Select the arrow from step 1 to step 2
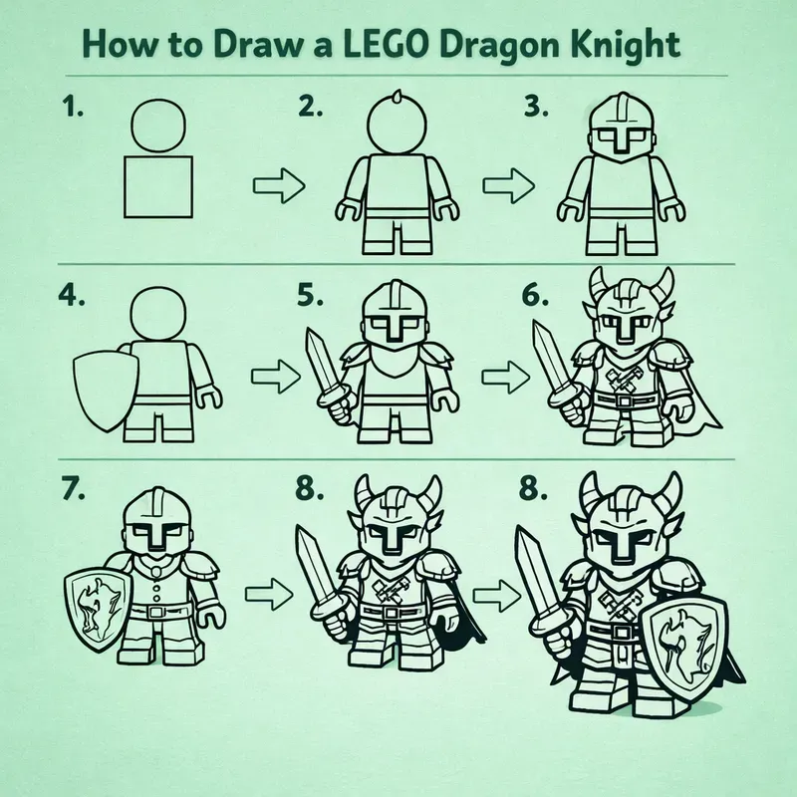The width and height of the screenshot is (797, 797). [274, 185]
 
